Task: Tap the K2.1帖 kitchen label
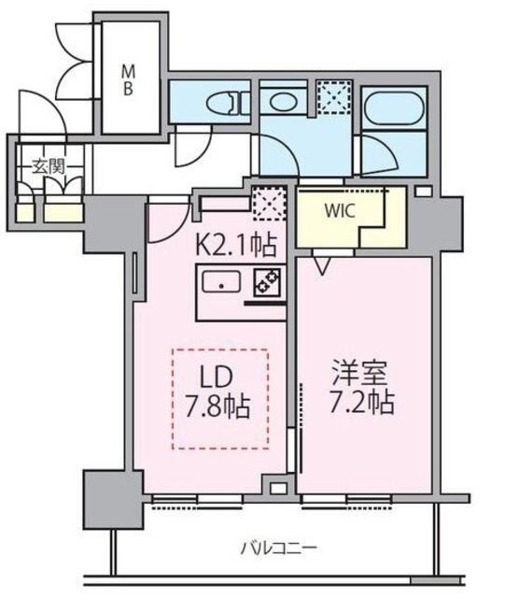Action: coord(235,246)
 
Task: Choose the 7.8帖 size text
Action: coord(220,407)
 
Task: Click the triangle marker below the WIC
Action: coord(322,267)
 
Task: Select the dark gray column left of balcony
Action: coord(105,496)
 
